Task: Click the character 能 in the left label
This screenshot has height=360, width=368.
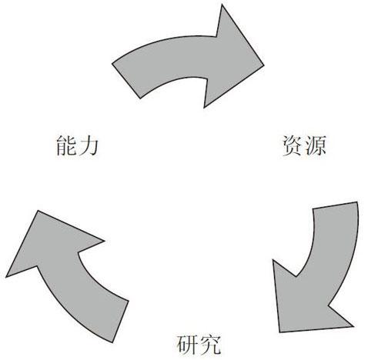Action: pyautogui.click(x=66, y=145)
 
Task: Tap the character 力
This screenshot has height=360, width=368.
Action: pyautogui.click(x=88, y=145)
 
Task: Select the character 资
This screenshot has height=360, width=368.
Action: pyautogui.click(x=293, y=145)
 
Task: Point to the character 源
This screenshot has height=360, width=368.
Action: pyautogui.click(x=315, y=145)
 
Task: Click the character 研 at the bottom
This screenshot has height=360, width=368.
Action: pyautogui.click(x=187, y=344)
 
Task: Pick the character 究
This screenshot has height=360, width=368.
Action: pyautogui.click(x=209, y=344)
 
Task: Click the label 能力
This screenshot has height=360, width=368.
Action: pyautogui.click(x=77, y=145)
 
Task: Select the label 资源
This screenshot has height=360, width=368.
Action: pyautogui.click(x=304, y=145)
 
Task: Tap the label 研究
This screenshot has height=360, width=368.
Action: pyautogui.click(x=199, y=344)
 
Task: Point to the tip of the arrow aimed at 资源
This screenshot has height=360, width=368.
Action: pyautogui.click(x=264, y=65)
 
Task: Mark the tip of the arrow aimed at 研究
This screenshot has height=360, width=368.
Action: pyautogui.click(x=279, y=332)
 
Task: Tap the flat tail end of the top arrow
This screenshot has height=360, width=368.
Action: pyautogui.click(x=126, y=81)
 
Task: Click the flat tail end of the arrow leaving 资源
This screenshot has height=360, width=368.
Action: pyautogui.click(x=335, y=205)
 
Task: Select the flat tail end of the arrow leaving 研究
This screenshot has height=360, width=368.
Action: pyautogui.click(x=121, y=322)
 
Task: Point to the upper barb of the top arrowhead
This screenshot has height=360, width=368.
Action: pyautogui.click(x=222, y=5)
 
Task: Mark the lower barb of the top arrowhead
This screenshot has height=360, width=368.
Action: pyautogui.click(x=204, y=108)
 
